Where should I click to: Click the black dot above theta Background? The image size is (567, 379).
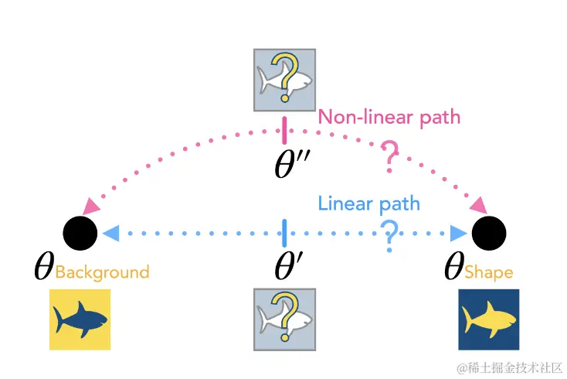pyautogui.click(x=80, y=232)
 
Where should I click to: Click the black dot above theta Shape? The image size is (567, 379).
pyautogui.click(x=489, y=232)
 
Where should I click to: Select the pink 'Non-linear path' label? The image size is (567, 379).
pyautogui.click(x=389, y=118)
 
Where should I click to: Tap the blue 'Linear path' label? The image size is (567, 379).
pyautogui.click(x=369, y=204)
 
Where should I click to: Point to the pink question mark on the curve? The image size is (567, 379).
pyautogui.click(x=390, y=160)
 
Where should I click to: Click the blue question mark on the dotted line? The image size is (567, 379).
pyautogui.click(x=391, y=235)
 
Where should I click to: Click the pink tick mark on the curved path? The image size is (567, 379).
pyautogui.click(x=285, y=128)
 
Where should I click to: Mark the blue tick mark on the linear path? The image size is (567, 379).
pyautogui.click(x=285, y=232)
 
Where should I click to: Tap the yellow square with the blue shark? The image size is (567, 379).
pyautogui.click(x=80, y=320)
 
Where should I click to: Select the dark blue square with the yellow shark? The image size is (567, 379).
pyautogui.click(x=488, y=320)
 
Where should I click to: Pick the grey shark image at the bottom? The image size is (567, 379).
pyautogui.click(x=284, y=319)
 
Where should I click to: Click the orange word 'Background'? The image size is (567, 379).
pyautogui.click(x=102, y=272)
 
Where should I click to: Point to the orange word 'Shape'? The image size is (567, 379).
pyautogui.click(x=489, y=272)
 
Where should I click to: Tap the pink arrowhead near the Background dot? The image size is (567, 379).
pyautogui.click(x=91, y=207)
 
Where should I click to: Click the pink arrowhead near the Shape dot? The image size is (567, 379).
pyautogui.click(x=477, y=206)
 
